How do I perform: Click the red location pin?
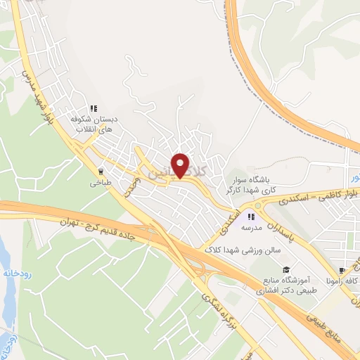(x=182, y=165)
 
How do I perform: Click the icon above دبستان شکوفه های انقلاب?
(x=93, y=109)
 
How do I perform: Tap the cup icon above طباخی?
(x=101, y=171)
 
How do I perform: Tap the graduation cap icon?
(x=286, y=269)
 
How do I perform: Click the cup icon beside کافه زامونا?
(x=342, y=271)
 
